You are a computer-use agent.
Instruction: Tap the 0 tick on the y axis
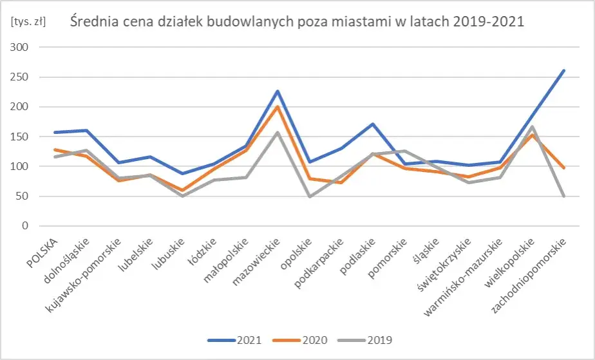26,226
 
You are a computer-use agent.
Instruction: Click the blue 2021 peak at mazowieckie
278,91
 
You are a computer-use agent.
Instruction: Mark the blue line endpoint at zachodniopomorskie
564,70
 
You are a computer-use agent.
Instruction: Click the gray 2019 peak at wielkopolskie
533,126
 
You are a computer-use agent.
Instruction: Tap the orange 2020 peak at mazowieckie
278,107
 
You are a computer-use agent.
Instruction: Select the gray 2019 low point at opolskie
310,196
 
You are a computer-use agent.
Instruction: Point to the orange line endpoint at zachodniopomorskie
564,168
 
